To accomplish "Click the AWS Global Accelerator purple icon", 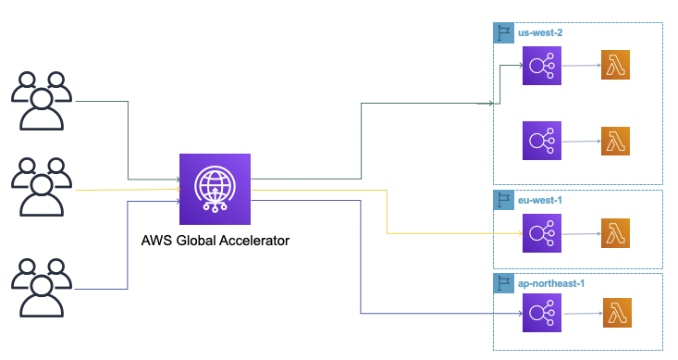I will click(215, 189).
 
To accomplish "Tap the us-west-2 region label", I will click(540, 32).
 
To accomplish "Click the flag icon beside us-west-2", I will click(504, 32).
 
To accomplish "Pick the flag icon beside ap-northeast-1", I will click(504, 280).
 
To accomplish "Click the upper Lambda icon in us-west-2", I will click(616, 67).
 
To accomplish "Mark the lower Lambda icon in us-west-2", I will click(616, 141).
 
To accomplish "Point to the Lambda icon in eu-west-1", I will click(616, 232).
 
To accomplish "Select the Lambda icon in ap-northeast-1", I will click(618, 314).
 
